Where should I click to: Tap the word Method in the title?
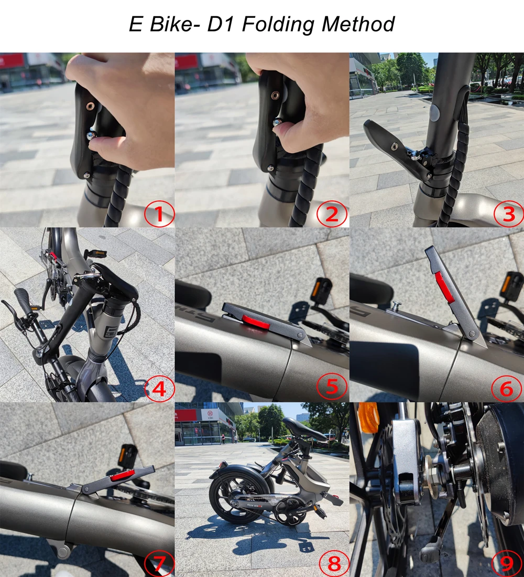(358, 24)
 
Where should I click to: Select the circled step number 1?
(159, 213)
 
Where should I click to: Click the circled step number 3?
(509, 213)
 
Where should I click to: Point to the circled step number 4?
(159, 388)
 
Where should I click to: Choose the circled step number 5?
(332, 387)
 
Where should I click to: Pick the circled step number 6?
(507, 388)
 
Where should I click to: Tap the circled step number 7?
(159, 563)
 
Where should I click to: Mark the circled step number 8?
(334, 563)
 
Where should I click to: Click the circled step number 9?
(507, 563)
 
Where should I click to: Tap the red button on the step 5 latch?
(256, 322)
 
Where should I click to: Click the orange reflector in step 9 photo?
(368, 417)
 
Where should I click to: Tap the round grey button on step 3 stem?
(434, 113)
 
